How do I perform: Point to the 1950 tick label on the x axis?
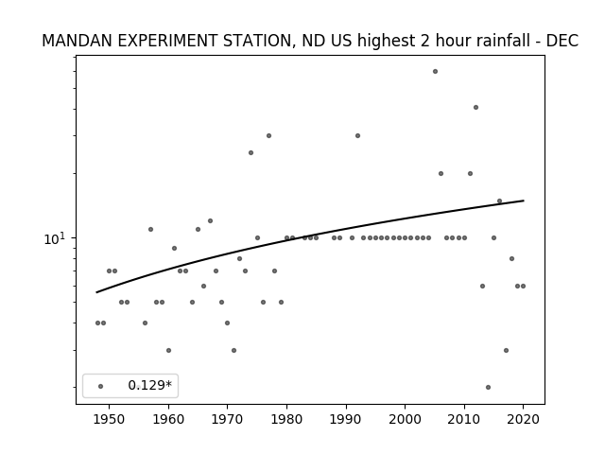[x=110, y=419]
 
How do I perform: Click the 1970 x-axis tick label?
[x=228, y=419]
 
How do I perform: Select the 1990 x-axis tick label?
[x=346, y=419]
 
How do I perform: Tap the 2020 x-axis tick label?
[x=523, y=419]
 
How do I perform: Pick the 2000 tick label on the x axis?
[x=406, y=419]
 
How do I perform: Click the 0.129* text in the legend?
[x=149, y=385]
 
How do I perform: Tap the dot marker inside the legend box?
[x=101, y=386]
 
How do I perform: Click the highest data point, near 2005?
[x=435, y=72]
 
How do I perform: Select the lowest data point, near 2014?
[x=488, y=387]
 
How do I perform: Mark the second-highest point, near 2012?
[x=475, y=107]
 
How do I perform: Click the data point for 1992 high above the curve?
[x=357, y=136]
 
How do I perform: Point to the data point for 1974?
[x=251, y=153]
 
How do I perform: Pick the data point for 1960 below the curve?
[x=168, y=351]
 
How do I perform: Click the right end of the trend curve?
[x=524, y=201]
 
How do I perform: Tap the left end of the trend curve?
[x=96, y=292]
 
